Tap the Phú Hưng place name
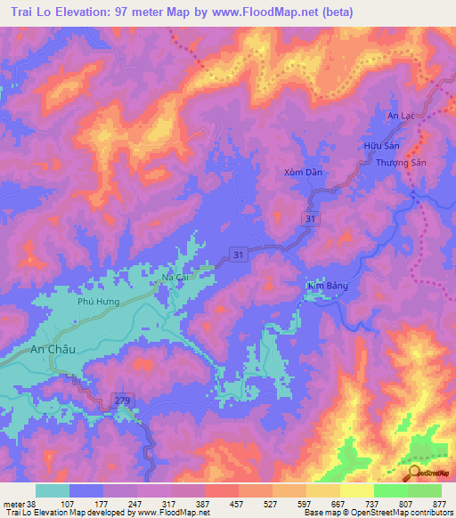[x=98, y=302]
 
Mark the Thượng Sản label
[x=402, y=163]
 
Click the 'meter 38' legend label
[x=20, y=503]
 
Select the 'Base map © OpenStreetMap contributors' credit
[x=377, y=513]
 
